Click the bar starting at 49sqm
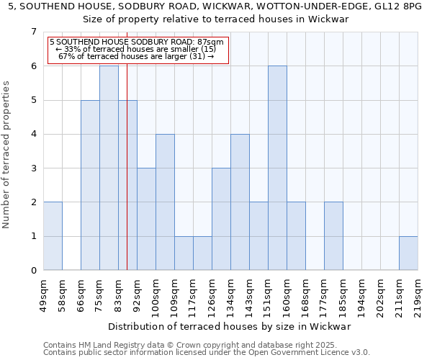point(53,236)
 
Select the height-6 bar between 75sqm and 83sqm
point(109,168)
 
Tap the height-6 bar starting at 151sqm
point(277,168)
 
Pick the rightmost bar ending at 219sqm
point(408,253)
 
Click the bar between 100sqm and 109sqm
point(165,202)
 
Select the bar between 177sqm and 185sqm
point(333,236)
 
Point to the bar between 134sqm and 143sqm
point(240,202)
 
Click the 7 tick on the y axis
point(33,32)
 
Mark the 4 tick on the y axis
point(33,134)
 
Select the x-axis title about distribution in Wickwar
point(230,326)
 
